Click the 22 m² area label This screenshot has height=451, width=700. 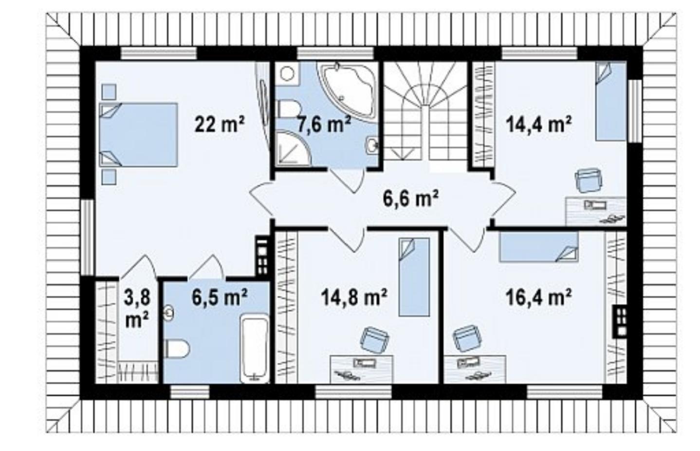pos(220,125)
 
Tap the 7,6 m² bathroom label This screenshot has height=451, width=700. pos(323,125)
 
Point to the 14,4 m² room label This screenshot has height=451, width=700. pos(539,125)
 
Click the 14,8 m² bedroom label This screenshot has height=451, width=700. pos(354,297)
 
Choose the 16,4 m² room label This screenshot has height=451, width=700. pos(539,297)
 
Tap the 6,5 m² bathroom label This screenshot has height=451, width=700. pos(220,297)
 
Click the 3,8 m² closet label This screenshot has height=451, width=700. pos(137,308)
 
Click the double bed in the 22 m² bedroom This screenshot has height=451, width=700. pos(138,134)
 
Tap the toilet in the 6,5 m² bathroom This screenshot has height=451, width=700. pos(177,348)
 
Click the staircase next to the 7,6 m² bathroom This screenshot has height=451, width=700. pos(425,116)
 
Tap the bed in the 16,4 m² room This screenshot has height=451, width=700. pos(539,246)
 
